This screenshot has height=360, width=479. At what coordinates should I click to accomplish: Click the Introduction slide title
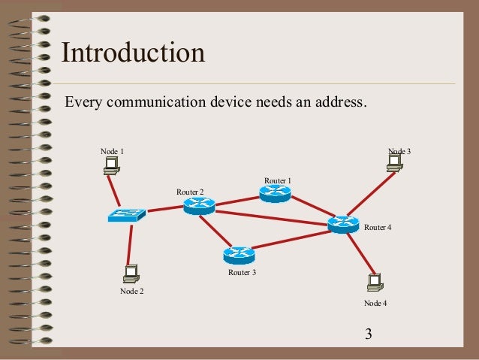133,53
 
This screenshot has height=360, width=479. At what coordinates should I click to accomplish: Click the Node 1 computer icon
112,165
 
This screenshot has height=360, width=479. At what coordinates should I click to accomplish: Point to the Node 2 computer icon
131,274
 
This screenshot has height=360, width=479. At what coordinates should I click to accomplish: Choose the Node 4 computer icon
374,283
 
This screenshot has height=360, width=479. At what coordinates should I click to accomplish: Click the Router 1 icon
275,193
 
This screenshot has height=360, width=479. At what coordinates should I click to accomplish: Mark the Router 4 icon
343,223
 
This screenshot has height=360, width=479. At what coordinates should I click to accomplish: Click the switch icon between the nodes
126,215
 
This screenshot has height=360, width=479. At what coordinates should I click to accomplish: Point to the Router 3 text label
243,272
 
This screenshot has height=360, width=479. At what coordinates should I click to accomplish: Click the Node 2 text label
131,291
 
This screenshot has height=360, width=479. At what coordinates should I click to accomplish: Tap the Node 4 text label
375,303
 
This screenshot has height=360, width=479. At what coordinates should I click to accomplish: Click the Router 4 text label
378,226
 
